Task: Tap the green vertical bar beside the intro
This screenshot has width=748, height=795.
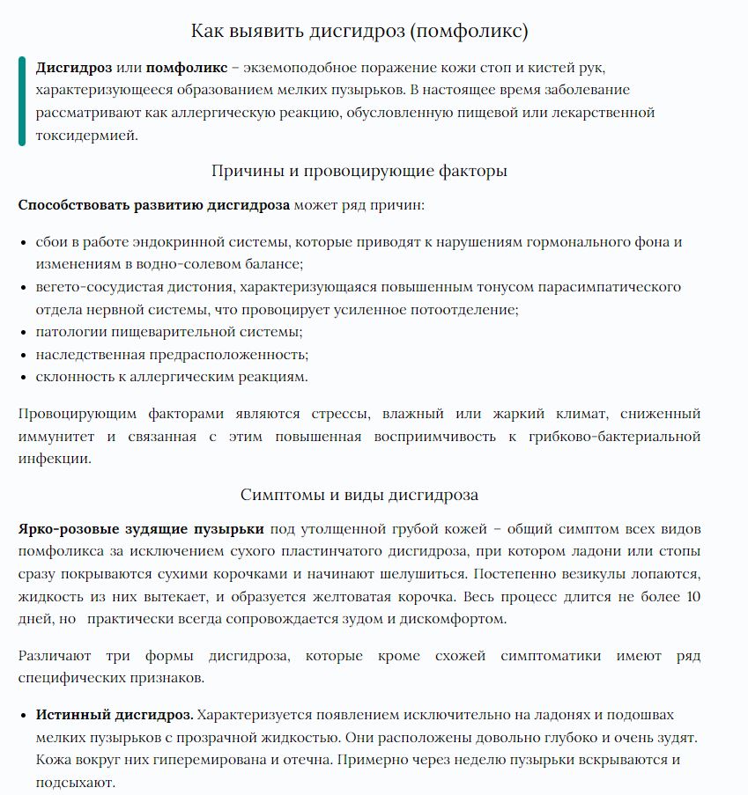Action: [22, 101]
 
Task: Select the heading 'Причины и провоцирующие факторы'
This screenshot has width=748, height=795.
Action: [359, 171]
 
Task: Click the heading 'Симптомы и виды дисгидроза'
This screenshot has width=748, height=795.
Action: [359, 494]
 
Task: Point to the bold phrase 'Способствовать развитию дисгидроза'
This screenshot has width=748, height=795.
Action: [153, 205]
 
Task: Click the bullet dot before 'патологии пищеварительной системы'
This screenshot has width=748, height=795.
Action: [22, 332]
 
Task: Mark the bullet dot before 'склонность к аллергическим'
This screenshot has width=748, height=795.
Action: [22, 378]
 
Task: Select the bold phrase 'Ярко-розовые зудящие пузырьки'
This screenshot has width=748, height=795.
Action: [141, 529]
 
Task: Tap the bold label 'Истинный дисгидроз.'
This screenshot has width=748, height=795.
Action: [114, 714]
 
